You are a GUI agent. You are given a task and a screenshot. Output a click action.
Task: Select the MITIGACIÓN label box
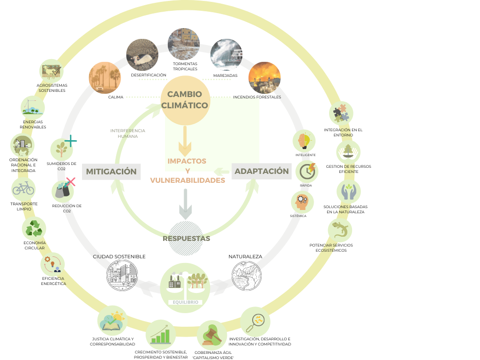(x=111, y=172)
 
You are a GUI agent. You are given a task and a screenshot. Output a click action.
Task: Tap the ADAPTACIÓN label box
(x=262, y=171)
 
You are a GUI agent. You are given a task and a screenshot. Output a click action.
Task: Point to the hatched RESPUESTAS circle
(x=186, y=238)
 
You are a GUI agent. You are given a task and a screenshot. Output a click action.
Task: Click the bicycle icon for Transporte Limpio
(x=23, y=189)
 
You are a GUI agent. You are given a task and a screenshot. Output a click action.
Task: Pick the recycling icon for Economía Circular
(x=34, y=229)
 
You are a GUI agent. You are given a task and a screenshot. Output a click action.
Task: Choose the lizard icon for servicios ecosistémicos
(x=339, y=230)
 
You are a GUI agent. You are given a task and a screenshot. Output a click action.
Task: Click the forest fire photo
(x=264, y=77)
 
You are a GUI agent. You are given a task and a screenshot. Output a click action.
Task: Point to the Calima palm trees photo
(x=105, y=78)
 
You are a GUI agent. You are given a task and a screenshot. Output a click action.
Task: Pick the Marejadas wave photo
(x=226, y=55)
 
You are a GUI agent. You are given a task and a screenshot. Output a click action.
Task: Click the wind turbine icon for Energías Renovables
(x=32, y=107)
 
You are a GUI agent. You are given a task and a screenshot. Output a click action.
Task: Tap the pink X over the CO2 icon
(x=71, y=181)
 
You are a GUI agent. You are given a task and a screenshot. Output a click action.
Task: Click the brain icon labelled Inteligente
(x=304, y=141)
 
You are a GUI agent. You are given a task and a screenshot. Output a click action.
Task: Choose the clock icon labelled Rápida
(x=307, y=171)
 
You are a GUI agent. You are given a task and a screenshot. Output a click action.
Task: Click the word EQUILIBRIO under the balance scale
(x=185, y=302)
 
